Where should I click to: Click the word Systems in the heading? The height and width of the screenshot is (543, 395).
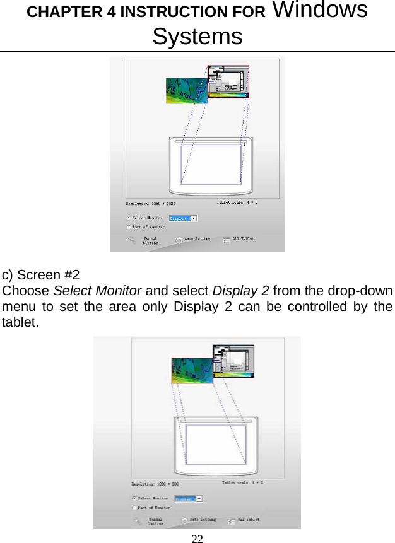(197, 37)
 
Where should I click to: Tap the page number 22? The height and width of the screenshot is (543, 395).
(197, 538)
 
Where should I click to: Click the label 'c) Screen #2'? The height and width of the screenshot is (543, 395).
(41, 275)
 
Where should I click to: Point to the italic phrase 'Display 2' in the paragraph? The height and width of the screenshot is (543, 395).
(240, 291)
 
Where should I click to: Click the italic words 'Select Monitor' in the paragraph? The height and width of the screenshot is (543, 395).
(97, 291)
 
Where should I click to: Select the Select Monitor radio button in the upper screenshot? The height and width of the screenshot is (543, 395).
(129, 218)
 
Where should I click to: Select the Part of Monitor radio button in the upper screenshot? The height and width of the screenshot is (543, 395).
(129, 227)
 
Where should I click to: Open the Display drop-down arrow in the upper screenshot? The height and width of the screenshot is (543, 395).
(194, 218)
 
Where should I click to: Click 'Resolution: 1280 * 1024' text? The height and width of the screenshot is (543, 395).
(151, 203)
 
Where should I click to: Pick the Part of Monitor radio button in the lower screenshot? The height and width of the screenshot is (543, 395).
(134, 507)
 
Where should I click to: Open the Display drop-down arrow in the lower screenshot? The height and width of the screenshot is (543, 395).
(199, 498)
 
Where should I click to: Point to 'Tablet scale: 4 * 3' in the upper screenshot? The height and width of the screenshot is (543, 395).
(237, 202)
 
